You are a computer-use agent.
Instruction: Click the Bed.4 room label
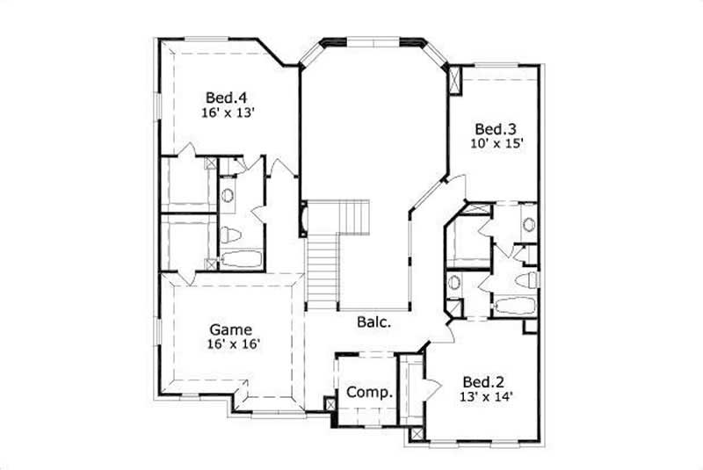(x=226, y=98)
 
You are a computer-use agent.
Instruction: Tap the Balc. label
(x=374, y=322)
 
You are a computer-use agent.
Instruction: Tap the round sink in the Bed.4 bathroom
(x=227, y=196)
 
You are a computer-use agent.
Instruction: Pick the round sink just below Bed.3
(x=528, y=224)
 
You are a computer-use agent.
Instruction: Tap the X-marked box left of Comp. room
(x=330, y=405)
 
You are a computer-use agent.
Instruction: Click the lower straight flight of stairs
(x=323, y=269)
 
